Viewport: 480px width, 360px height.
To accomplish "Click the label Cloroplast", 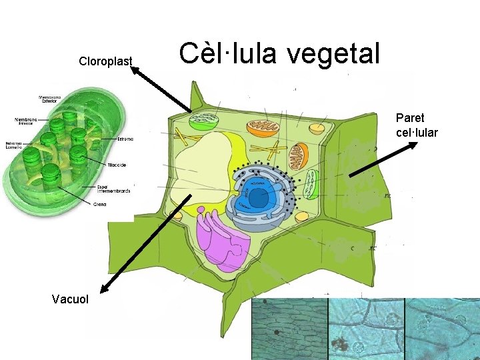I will coord(105,62).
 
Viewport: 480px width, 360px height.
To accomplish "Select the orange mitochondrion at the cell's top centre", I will coord(262,127).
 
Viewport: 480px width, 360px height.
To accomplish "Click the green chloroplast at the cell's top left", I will coord(204,121).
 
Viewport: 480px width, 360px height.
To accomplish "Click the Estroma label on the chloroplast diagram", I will coord(125,139).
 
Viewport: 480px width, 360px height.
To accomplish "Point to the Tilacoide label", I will coord(117,164).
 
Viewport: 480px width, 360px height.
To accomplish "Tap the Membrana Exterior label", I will coord(49,99).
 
